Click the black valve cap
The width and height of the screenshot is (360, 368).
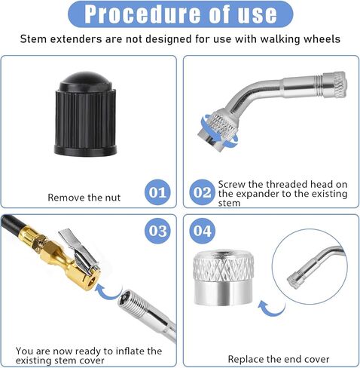tap(86, 115)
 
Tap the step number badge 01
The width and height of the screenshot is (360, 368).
tap(157, 192)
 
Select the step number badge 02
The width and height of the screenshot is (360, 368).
tap(202, 192)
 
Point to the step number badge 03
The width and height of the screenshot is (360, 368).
tap(157, 231)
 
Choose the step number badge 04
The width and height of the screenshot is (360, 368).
tap(203, 231)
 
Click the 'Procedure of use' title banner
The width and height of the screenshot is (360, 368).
tap(180, 14)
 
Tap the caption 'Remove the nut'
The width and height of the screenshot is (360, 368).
tap(84, 198)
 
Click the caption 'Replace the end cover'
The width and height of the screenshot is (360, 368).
tap(279, 359)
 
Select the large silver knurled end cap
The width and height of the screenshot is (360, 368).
tap(224, 278)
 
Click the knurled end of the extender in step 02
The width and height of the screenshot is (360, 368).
tap(337, 85)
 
